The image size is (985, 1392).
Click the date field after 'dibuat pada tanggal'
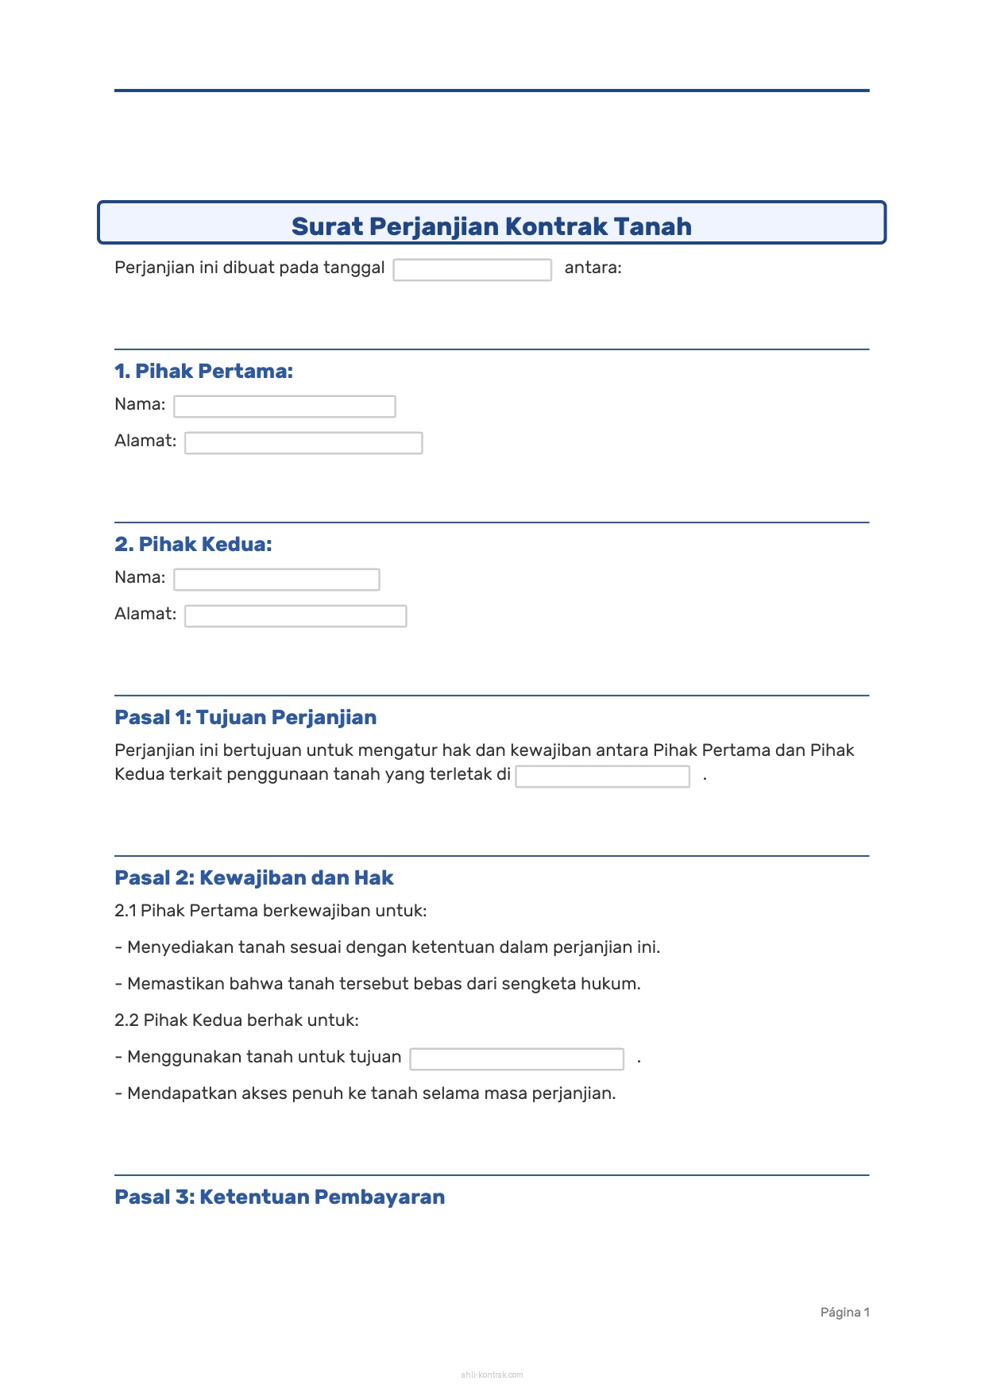(472, 270)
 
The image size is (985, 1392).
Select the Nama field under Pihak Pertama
(284, 407)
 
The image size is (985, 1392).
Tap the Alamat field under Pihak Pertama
(303, 443)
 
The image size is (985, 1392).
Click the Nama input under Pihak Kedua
(276, 580)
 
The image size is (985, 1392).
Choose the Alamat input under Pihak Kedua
(295, 616)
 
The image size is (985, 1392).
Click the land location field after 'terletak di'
(602, 777)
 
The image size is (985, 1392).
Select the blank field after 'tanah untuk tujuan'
(516, 1059)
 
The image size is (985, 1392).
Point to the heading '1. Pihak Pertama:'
(203, 371)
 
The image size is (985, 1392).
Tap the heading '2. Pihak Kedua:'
(193, 544)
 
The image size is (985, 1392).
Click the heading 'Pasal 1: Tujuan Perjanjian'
(245, 717)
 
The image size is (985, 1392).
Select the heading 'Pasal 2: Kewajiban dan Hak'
(254, 877)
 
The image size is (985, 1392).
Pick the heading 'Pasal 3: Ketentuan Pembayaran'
(280, 1197)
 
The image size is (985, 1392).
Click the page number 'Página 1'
(844, 1312)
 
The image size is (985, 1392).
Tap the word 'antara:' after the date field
(593, 268)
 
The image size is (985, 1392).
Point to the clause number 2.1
(125, 911)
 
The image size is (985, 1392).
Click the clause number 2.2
(126, 1020)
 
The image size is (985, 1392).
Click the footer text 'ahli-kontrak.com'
(492, 1375)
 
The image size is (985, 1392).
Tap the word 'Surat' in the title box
(326, 226)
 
